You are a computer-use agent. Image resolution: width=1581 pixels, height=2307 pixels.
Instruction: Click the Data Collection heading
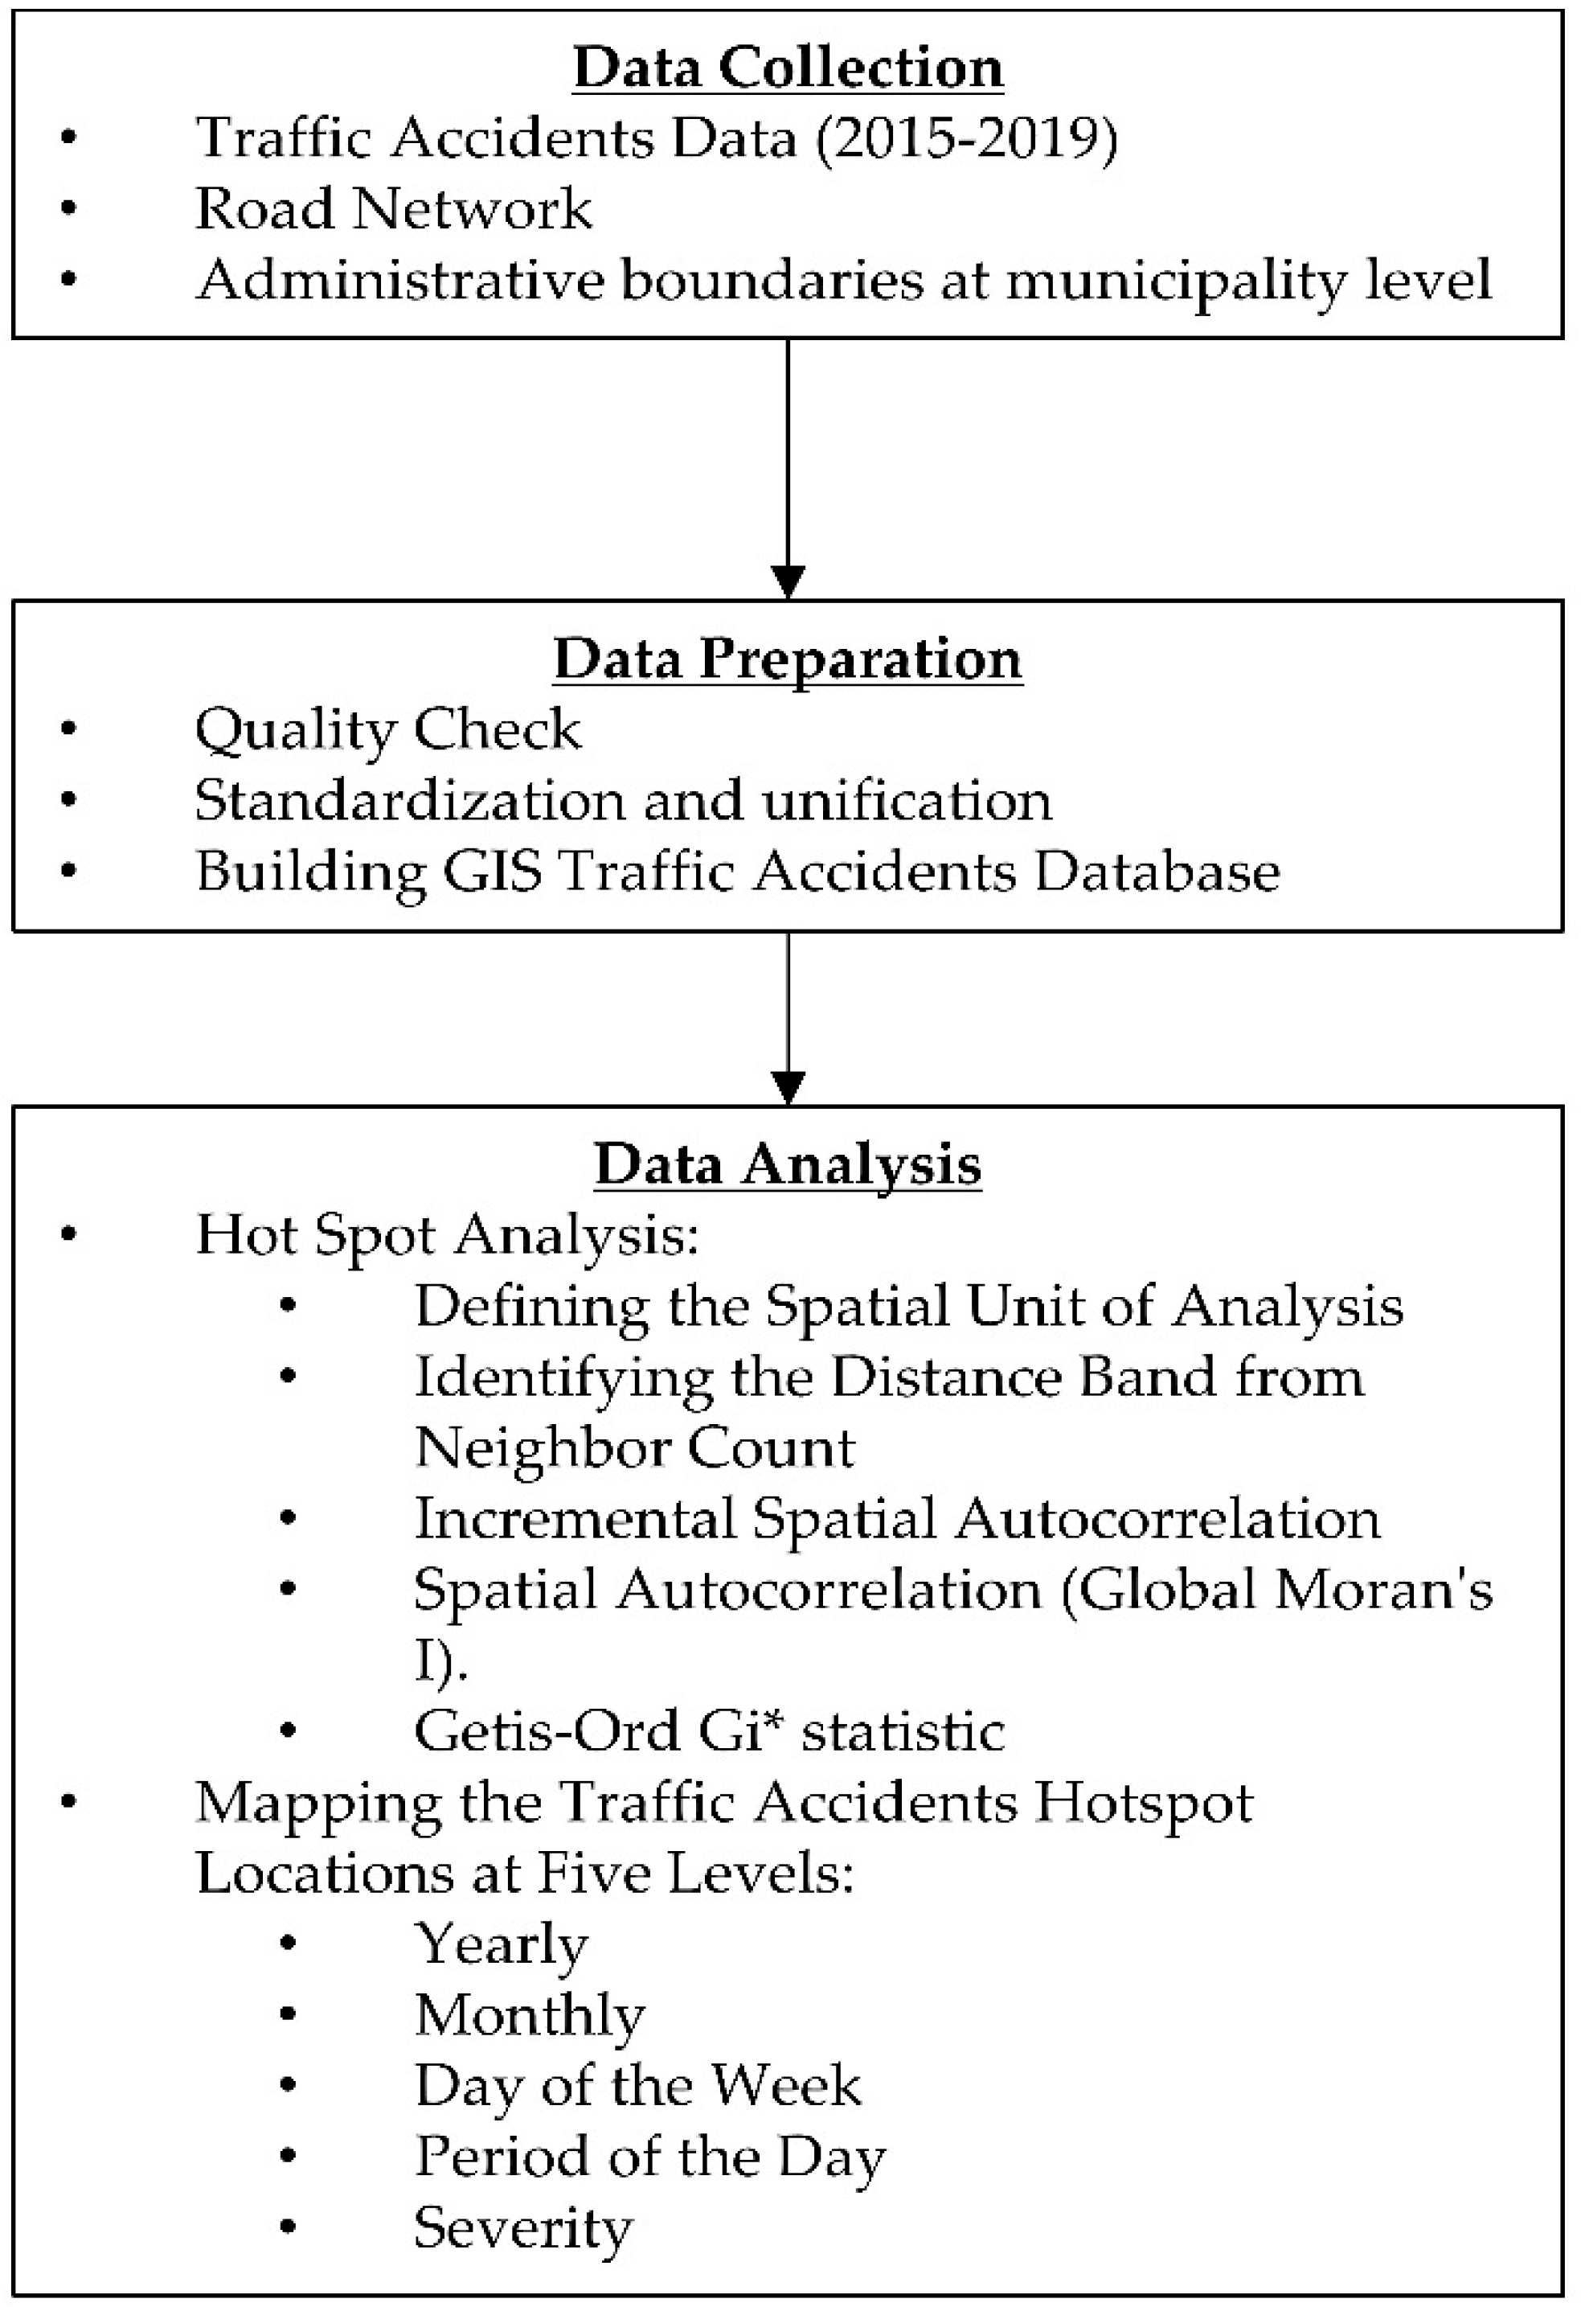[788, 68]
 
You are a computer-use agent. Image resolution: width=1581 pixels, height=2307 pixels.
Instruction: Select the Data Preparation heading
[788, 659]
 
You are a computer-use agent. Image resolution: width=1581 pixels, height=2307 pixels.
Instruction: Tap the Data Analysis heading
[788, 1164]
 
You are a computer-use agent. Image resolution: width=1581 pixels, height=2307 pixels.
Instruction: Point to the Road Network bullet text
[393, 208]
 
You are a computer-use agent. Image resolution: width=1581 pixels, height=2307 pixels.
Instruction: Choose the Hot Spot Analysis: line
[448, 1236]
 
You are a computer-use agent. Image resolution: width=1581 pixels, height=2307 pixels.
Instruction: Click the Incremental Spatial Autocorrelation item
[897, 1519]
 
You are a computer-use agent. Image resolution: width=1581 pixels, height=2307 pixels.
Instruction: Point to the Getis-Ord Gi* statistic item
[710, 1731]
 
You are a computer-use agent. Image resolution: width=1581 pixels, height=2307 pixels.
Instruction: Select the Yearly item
[502, 1944]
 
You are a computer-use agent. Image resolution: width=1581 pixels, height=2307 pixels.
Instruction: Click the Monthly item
[530, 2015]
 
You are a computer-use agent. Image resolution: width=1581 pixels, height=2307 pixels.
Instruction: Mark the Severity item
[523, 2227]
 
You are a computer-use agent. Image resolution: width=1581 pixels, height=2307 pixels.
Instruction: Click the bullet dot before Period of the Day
[289, 2156]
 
